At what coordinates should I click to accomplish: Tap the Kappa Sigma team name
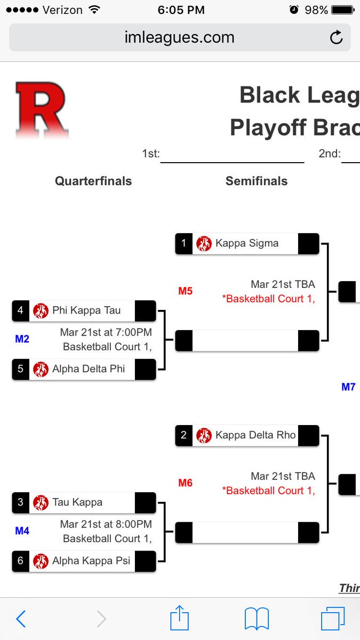(246, 243)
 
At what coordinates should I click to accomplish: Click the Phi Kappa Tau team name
(86, 310)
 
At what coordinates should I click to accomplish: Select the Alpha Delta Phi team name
(88, 369)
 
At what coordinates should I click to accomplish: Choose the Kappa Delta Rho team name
(255, 435)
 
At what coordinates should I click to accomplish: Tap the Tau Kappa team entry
(77, 502)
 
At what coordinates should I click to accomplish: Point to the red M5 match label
(185, 291)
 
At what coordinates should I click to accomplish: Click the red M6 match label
(185, 483)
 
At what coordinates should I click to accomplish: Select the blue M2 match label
(22, 339)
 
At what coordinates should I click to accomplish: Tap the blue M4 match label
(22, 531)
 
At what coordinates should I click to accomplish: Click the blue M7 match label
(348, 387)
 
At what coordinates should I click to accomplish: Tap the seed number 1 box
(183, 243)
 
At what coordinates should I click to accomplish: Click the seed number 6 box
(20, 561)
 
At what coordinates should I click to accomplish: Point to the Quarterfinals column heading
(93, 181)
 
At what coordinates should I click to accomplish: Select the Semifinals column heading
(257, 181)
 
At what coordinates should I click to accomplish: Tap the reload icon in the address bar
(336, 37)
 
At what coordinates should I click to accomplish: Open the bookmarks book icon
(257, 619)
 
